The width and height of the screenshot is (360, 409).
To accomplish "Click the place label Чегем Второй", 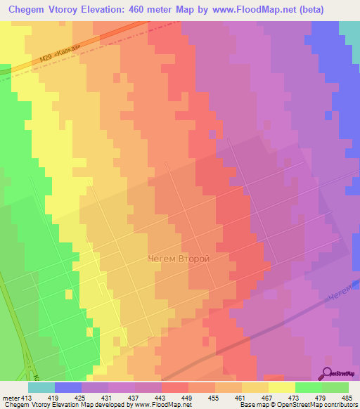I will [179, 259].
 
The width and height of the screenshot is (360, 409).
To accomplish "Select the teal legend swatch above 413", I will [41, 387].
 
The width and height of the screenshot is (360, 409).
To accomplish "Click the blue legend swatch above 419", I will [68, 387].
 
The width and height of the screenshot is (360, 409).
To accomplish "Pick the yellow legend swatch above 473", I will [282, 387].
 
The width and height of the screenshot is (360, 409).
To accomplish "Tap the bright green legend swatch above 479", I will [309, 387].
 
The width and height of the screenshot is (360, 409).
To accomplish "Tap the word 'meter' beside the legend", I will [11, 397].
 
